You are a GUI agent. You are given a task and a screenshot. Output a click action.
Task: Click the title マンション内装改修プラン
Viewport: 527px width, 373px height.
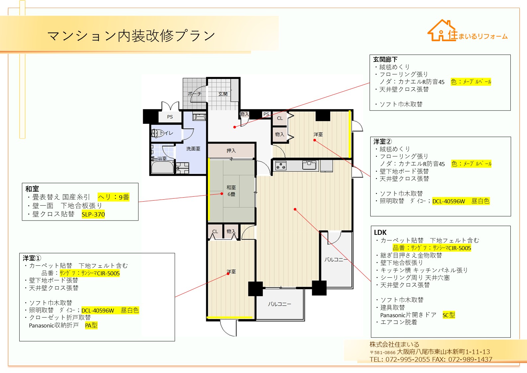(131, 36)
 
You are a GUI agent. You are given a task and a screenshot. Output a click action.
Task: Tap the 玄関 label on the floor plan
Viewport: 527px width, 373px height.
(223, 94)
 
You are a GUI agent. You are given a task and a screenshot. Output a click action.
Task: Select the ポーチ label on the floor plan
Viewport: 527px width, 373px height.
(195, 94)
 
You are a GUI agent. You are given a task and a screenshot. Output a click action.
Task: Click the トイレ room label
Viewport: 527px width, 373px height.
(166, 133)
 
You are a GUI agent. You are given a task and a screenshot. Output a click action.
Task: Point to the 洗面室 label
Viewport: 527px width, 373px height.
(193, 149)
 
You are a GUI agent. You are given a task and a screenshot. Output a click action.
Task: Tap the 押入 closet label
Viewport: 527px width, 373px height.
(231, 150)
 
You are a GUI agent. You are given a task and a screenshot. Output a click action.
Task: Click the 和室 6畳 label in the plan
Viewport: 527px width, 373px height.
(231, 191)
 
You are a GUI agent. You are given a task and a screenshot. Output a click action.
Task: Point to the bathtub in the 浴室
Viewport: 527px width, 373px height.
(163, 167)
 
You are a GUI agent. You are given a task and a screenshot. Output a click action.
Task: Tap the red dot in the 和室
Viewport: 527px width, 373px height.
(221, 194)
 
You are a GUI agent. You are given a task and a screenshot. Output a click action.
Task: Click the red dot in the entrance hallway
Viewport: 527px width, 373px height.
(234, 127)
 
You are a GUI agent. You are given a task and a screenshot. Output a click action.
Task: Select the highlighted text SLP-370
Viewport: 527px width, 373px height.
(93, 214)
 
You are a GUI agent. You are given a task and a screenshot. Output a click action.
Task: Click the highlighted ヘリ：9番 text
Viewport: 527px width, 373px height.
(113, 197)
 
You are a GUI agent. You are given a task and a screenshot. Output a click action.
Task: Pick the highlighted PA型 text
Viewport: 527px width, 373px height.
(91, 326)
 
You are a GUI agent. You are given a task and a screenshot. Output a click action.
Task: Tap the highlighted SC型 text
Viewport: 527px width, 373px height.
(449, 315)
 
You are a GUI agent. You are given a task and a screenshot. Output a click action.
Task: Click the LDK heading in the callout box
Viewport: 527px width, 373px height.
(380, 233)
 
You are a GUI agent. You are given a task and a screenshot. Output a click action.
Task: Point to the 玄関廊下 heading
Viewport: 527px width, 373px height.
(385, 59)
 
